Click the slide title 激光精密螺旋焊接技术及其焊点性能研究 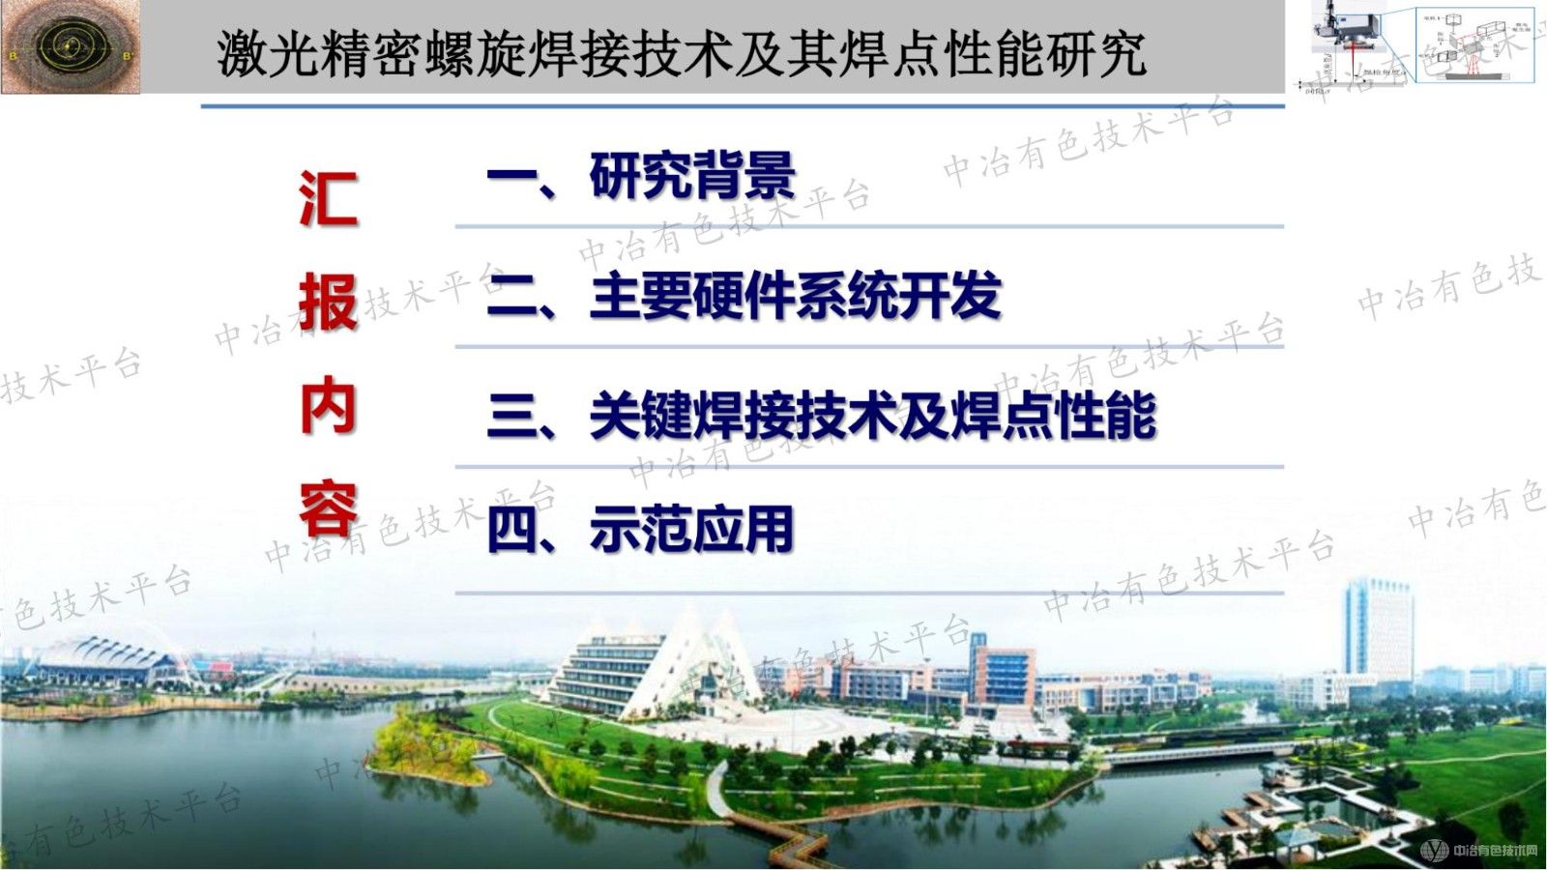coord(682,53)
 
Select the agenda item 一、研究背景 coord(641,176)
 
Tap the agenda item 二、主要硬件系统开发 coord(743,297)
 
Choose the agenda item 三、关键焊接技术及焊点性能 coord(821,416)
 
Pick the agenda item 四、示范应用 coord(640,530)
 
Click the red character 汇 coord(329,200)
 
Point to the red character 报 coord(329,303)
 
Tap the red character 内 coord(329,407)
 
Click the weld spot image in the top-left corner coord(70,46)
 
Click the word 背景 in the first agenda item coord(744,176)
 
